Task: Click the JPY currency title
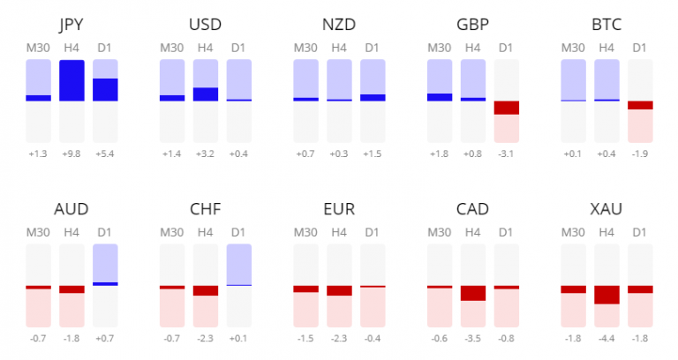(x=72, y=25)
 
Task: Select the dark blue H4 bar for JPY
(x=72, y=80)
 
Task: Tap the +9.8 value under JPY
(x=72, y=154)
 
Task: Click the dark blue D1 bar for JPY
(x=105, y=90)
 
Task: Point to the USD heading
(x=206, y=25)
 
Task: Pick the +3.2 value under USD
(x=206, y=154)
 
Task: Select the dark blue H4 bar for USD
(x=206, y=94)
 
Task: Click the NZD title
(x=339, y=25)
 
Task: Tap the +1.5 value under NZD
(x=373, y=154)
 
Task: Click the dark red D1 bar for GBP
(x=507, y=108)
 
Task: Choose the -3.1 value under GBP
(x=507, y=154)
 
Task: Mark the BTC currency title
(x=606, y=25)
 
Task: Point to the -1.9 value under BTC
(x=640, y=154)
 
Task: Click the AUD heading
(x=72, y=210)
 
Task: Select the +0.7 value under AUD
(x=105, y=338)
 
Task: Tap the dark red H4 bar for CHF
(x=206, y=290)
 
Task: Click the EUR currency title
(x=339, y=210)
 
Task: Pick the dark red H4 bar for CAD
(x=473, y=293)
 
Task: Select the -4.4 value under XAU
(x=606, y=338)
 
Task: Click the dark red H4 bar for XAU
(x=606, y=295)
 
